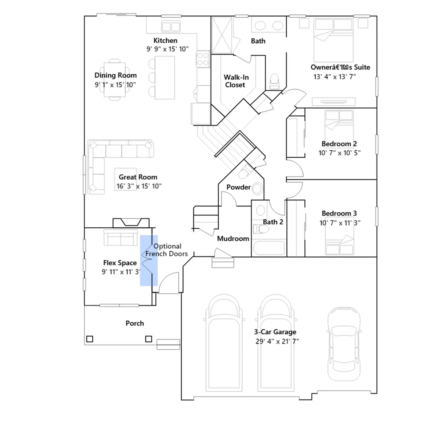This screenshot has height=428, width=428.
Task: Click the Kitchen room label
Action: coord(165,40)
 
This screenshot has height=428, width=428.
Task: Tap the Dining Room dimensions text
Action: coord(115,85)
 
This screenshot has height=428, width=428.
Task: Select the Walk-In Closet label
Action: coord(236,81)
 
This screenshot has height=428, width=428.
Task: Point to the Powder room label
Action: coord(239,187)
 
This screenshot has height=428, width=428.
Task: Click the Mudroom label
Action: coord(233,238)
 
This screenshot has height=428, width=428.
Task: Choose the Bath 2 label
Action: coord(273,222)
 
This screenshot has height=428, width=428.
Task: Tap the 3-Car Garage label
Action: coord(275,332)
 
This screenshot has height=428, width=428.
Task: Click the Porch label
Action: coord(135,323)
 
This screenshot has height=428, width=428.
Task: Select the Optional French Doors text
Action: coord(167,250)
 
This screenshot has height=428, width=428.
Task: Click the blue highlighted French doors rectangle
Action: coord(149,261)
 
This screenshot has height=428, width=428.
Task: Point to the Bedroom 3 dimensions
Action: coord(340,223)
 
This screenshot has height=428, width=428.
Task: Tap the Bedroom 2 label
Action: coord(339,144)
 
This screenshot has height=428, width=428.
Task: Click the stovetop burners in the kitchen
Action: coord(203,59)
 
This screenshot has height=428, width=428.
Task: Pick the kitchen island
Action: coord(165,78)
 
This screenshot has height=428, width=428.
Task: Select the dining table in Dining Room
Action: coord(115,80)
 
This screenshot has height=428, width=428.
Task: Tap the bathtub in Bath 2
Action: coord(269,248)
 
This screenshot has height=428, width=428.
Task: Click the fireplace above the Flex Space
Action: coord(131,223)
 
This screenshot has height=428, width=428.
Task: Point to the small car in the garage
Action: coord(344,344)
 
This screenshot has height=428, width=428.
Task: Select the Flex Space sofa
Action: coord(121,238)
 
